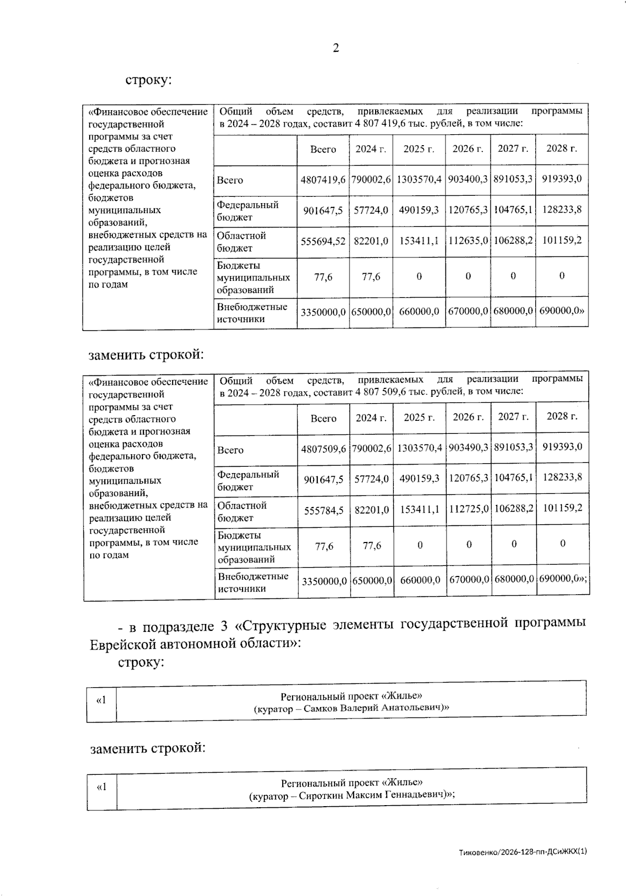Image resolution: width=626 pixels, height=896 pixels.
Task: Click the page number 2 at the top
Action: tap(335, 48)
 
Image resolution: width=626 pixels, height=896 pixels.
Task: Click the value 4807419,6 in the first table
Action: tap(323, 180)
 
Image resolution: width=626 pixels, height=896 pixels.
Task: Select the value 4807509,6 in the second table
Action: tap(323, 449)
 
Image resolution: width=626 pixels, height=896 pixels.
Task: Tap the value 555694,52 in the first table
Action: tap(323, 241)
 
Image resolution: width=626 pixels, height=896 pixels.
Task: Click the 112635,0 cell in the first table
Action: tap(468, 241)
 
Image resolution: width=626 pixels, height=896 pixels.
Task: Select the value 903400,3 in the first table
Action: tap(468, 179)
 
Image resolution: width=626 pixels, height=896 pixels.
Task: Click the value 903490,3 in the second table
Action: tap(468, 449)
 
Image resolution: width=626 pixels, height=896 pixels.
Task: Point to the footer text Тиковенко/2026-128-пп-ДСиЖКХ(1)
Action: tap(523, 852)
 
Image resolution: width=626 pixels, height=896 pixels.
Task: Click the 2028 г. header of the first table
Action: tap(561, 148)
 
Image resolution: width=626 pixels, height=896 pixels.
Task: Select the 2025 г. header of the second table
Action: tap(419, 418)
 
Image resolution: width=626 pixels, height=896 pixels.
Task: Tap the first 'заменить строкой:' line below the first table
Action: tap(146, 355)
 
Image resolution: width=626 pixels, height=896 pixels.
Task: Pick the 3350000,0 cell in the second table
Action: tap(324, 581)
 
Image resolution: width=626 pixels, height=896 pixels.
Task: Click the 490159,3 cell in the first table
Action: tap(419, 210)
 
